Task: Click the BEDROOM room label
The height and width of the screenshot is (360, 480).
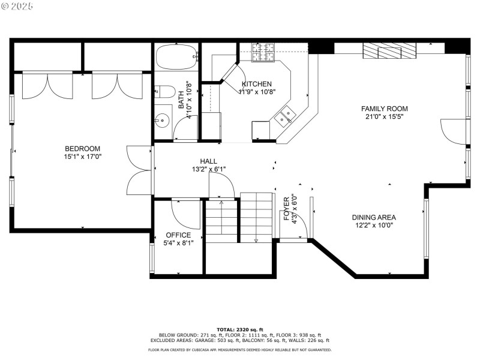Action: click(x=82, y=149)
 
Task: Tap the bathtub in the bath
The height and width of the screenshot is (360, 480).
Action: click(x=176, y=59)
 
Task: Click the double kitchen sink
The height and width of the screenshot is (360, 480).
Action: click(x=284, y=115)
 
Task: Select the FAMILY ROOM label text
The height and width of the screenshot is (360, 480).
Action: click(x=384, y=109)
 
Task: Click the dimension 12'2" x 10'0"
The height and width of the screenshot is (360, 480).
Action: click(x=373, y=226)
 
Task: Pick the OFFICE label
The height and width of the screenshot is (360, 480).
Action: click(x=178, y=235)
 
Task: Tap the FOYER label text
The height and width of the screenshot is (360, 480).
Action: click(x=287, y=208)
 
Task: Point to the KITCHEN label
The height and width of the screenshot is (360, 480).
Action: click(x=256, y=84)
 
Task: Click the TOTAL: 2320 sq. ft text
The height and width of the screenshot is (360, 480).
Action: click(x=239, y=329)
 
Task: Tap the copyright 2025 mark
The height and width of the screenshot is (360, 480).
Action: click(x=17, y=5)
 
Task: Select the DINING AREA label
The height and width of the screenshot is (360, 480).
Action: click(x=373, y=218)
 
